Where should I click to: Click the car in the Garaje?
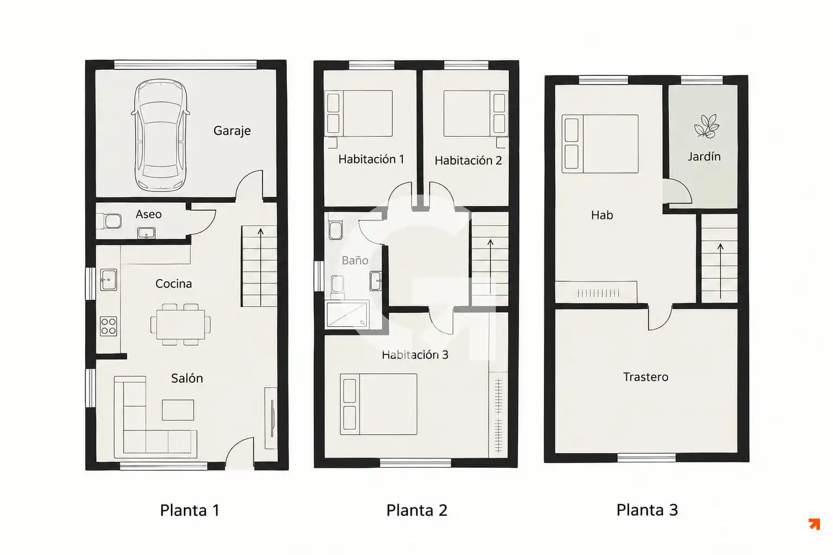161,135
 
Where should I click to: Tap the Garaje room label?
232,131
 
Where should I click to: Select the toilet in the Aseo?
109,221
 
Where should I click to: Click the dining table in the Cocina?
181,325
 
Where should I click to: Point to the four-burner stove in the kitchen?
108,326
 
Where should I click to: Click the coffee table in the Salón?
178,410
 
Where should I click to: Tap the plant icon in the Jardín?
706,126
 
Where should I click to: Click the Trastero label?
645,377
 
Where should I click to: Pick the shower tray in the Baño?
347,315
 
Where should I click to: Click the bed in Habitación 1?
359,113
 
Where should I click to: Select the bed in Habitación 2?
475,113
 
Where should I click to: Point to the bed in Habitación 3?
379,404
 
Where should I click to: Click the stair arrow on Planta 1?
261,267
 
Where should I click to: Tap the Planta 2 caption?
416,511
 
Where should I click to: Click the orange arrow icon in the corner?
815,524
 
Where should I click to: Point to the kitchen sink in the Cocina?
108,280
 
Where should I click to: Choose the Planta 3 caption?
647,510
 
